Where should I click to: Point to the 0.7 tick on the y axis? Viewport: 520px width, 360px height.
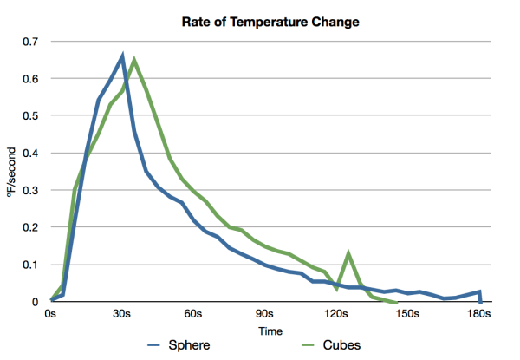click(x=31, y=42)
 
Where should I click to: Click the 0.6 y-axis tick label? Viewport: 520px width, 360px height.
click(x=31, y=79)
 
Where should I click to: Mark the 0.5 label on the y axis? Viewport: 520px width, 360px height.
click(x=31, y=116)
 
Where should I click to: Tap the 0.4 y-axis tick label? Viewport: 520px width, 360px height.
click(x=31, y=154)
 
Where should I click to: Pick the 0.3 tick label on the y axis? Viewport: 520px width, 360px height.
click(x=31, y=191)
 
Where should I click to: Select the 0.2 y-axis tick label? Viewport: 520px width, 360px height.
click(x=31, y=228)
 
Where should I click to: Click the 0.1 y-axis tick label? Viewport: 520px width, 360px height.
click(x=31, y=265)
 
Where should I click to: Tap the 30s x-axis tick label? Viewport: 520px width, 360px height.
click(x=122, y=314)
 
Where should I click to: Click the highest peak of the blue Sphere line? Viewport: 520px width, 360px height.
click(x=123, y=56)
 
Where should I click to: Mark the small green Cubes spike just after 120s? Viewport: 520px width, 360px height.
click(x=348, y=254)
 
